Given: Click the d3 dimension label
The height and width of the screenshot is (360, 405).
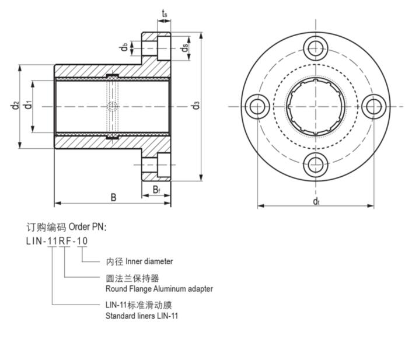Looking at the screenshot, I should (x=196, y=106).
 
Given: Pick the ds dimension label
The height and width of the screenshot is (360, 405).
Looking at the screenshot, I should (x=184, y=47).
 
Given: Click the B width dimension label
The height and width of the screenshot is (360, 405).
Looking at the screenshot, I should (x=113, y=197).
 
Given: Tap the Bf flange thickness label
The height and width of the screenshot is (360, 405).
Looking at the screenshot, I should (x=157, y=189).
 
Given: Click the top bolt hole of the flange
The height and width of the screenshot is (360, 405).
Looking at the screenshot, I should (x=315, y=48).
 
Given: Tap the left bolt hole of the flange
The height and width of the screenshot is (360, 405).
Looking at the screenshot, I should (x=257, y=106).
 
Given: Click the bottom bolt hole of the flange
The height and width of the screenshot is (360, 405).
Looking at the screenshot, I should (x=315, y=165).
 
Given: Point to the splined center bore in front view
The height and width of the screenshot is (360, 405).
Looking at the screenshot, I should (x=315, y=106).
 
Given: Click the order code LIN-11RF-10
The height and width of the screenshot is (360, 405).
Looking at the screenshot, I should (x=57, y=240).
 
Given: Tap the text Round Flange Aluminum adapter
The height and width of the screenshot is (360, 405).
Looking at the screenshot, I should (x=159, y=289).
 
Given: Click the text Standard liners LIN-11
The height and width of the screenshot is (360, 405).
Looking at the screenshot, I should (x=142, y=316).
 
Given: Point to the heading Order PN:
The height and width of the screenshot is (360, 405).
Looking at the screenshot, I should (x=88, y=226).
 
